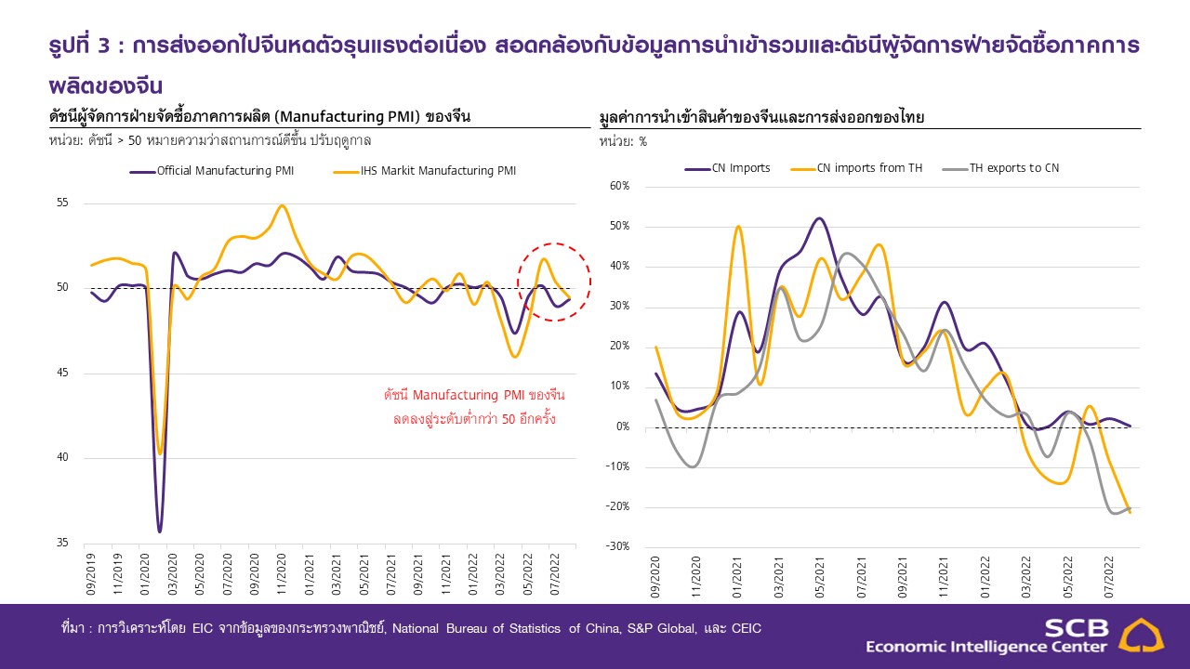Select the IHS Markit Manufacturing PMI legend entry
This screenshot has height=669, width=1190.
click(438, 171)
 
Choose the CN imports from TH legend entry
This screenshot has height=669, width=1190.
click(869, 168)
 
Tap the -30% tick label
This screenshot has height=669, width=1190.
click(618, 546)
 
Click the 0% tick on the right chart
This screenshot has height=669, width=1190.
click(622, 426)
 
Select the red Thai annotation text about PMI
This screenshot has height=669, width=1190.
click(474, 407)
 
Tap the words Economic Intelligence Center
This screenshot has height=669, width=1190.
click(985, 647)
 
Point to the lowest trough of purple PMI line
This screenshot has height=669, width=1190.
click(159, 531)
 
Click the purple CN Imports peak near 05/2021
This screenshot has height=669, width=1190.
click(818, 219)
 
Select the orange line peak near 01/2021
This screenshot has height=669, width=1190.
click(738, 227)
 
